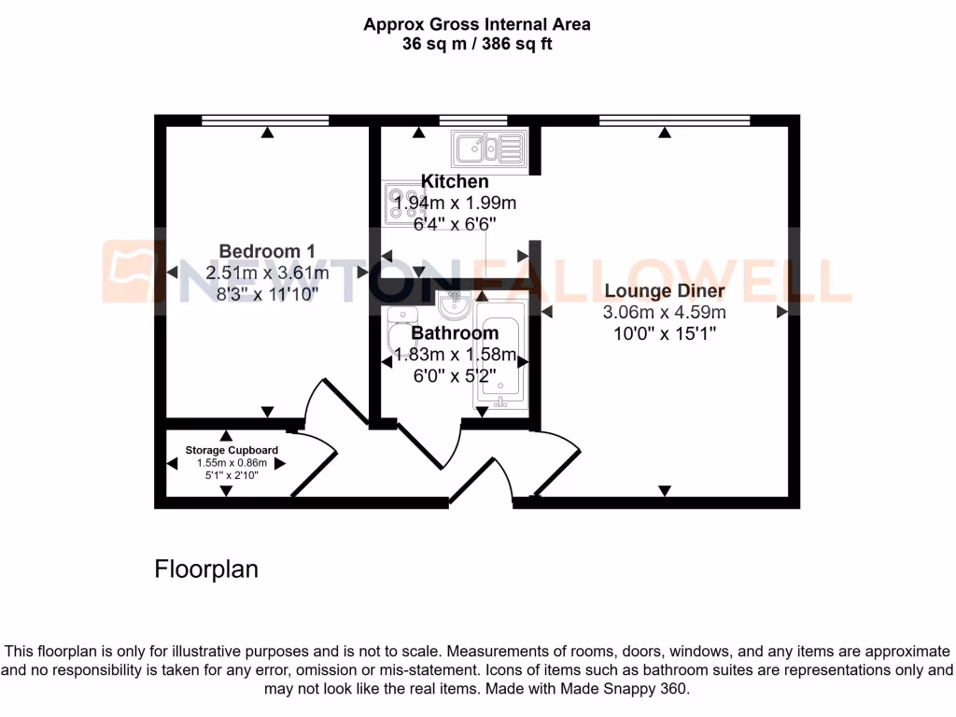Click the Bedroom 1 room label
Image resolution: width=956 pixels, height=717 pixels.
click(266, 250)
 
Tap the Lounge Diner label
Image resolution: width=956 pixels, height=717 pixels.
click(665, 290)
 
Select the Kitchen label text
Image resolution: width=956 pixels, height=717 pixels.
click(455, 181)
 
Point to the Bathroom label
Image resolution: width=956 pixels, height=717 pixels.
click(455, 333)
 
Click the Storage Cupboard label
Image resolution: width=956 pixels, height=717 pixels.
click(231, 450)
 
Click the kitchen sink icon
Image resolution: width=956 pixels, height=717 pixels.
click(488, 148)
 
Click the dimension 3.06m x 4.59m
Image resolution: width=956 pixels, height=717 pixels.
click(665, 313)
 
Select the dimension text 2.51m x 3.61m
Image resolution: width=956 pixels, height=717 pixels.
click(267, 273)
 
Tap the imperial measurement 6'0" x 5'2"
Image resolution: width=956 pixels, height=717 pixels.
click(455, 376)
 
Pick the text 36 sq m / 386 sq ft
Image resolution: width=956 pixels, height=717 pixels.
click(477, 43)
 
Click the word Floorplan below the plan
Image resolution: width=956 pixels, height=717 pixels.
click(205, 569)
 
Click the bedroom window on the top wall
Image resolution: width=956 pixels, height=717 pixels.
click(265, 119)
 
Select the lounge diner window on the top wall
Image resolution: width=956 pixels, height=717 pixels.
click(674, 119)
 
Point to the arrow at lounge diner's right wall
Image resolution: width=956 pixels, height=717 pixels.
click(781, 313)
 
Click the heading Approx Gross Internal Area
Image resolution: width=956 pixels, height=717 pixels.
click(477, 24)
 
